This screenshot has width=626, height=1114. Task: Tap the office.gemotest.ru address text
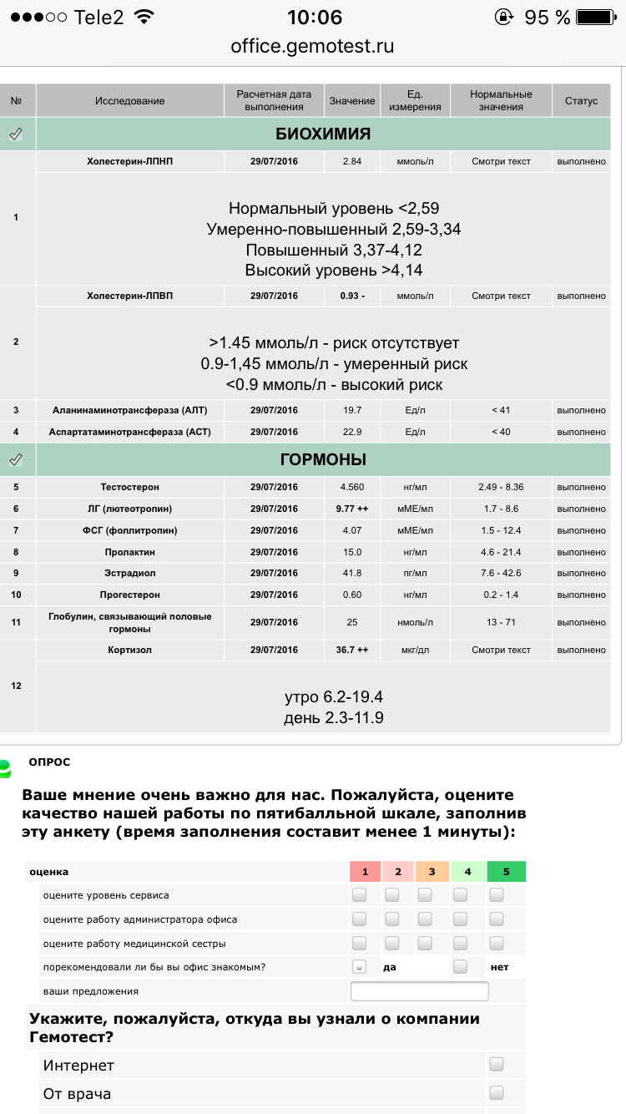pyautogui.click(x=312, y=46)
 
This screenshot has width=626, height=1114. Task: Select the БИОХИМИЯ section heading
pyautogui.click(x=323, y=134)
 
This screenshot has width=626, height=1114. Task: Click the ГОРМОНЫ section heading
pyautogui.click(x=323, y=459)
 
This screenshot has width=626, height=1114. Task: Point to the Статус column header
pyautogui.click(x=581, y=101)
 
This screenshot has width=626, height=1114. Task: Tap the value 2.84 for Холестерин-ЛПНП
pyautogui.click(x=351, y=161)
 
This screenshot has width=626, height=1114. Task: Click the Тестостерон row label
pyautogui.click(x=129, y=487)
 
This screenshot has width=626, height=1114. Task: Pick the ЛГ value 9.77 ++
pyautogui.click(x=351, y=509)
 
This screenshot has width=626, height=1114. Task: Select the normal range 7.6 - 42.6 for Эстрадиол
pyautogui.click(x=501, y=574)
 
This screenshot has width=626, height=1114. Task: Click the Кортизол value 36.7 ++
pyautogui.click(x=351, y=650)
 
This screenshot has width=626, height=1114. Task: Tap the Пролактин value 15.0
pyautogui.click(x=351, y=552)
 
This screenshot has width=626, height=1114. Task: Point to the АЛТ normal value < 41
pyautogui.click(x=501, y=410)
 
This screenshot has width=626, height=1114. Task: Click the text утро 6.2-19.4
pyautogui.click(x=334, y=697)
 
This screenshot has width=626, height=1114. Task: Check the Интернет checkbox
pyautogui.click(x=497, y=1064)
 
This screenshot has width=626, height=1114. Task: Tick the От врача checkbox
pyautogui.click(x=497, y=1092)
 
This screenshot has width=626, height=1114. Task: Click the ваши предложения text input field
pyautogui.click(x=419, y=991)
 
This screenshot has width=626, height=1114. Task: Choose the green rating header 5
pyautogui.click(x=506, y=872)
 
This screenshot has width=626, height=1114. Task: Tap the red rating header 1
pyautogui.click(x=365, y=872)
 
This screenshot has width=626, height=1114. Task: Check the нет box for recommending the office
pyautogui.click(x=460, y=966)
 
